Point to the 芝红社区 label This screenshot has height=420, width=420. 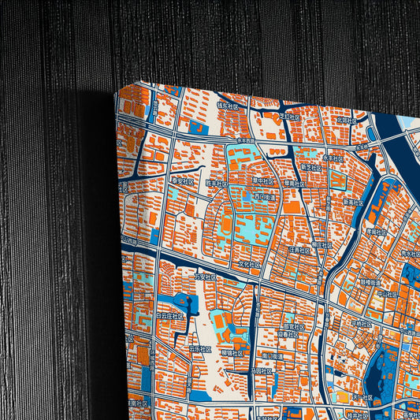click(x=289, y=116)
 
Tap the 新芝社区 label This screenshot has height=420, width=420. click(x=310, y=167)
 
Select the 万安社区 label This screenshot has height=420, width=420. click(x=205, y=277)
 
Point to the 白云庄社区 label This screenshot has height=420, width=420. click(x=169, y=314)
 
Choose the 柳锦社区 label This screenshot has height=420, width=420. click(x=232, y=352)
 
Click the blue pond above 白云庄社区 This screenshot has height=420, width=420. click(x=188, y=300)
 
